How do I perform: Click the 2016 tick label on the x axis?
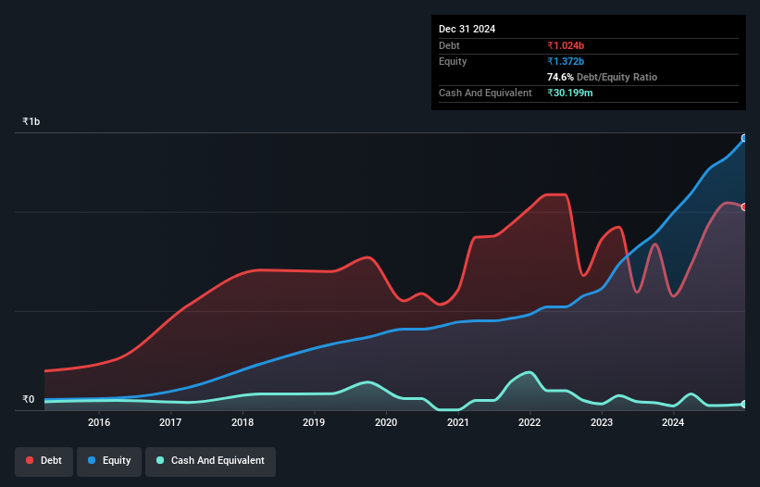[99, 422]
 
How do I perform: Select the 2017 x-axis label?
[170, 422]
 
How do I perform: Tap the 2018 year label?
[243, 422]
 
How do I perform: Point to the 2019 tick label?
[314, 422]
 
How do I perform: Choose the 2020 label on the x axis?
[386, 422]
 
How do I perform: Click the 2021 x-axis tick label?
[457, 422]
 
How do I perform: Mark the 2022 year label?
[530, 422]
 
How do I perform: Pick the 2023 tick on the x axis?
[602, 422]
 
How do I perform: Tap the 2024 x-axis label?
[673, 422]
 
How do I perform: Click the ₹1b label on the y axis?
[31, 122]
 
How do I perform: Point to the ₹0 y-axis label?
[29, 400]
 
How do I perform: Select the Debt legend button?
[44, 461]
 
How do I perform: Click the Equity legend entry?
[108, 461]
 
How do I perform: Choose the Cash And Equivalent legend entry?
[210, 461]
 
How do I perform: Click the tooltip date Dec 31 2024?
[467, 29]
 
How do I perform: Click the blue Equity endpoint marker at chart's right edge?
[744, 138]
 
